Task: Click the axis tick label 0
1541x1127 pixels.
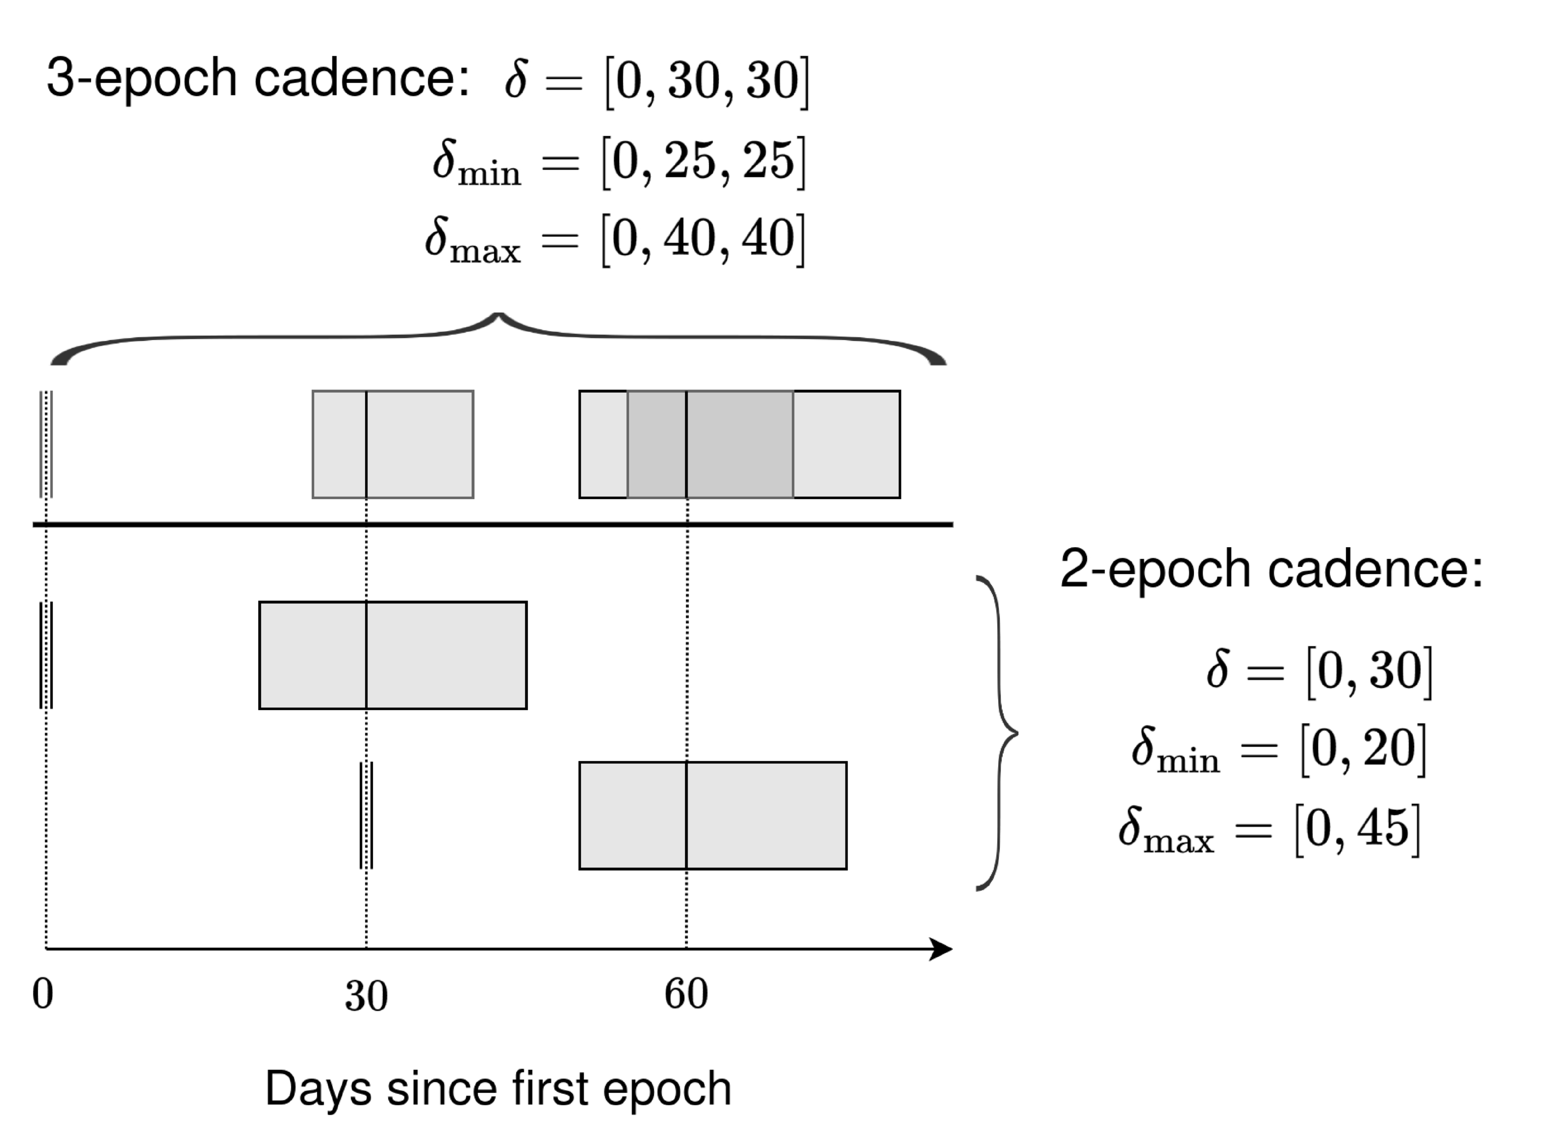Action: coord(42,995)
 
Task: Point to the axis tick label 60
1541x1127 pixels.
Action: coord(686,995)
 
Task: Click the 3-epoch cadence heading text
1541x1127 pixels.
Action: coord(258,78)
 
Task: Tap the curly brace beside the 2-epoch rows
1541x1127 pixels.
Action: coord(999,733)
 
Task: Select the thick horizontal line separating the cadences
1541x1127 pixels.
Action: coord(492,524)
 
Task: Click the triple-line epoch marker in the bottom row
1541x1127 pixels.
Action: coord(366,815)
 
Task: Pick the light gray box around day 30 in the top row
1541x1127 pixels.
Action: coord(392,444)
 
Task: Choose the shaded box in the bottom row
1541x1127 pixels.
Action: coord(712,815)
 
